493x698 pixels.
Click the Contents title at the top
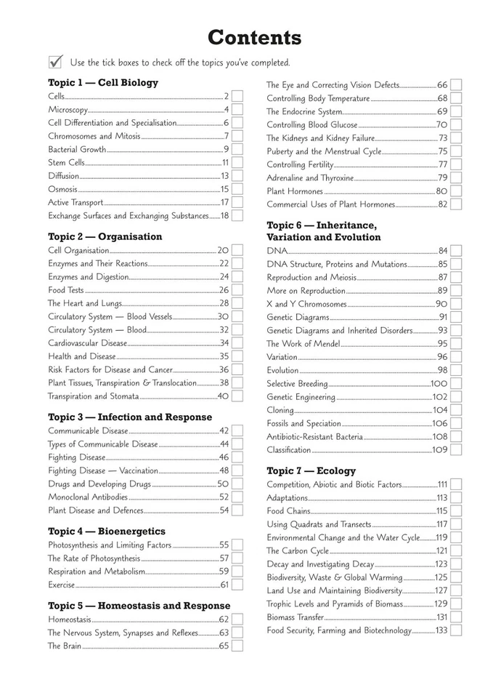(254, 38)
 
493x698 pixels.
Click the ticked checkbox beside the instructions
(55, 62)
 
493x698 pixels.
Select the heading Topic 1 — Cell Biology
(103, 83)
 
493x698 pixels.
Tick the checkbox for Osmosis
(237, 189)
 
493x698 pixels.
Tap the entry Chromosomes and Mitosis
(94, 136)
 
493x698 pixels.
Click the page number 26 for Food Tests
(224, 290)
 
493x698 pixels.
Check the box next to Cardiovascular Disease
(237, 343)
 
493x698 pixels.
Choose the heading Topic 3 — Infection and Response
(130, 417)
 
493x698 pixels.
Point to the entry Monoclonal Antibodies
(88, 497)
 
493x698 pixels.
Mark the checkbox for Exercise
(237, 585)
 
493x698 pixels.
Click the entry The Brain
(65, 646)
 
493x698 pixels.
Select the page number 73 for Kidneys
(442, 138)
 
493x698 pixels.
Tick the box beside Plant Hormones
(455, 191)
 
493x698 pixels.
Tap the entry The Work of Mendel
(303, 344)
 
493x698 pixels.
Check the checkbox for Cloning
(455, 410)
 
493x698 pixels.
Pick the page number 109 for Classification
(440, 450)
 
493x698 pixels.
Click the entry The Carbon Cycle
(298, 551)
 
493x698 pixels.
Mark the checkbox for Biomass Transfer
(455, 617)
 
